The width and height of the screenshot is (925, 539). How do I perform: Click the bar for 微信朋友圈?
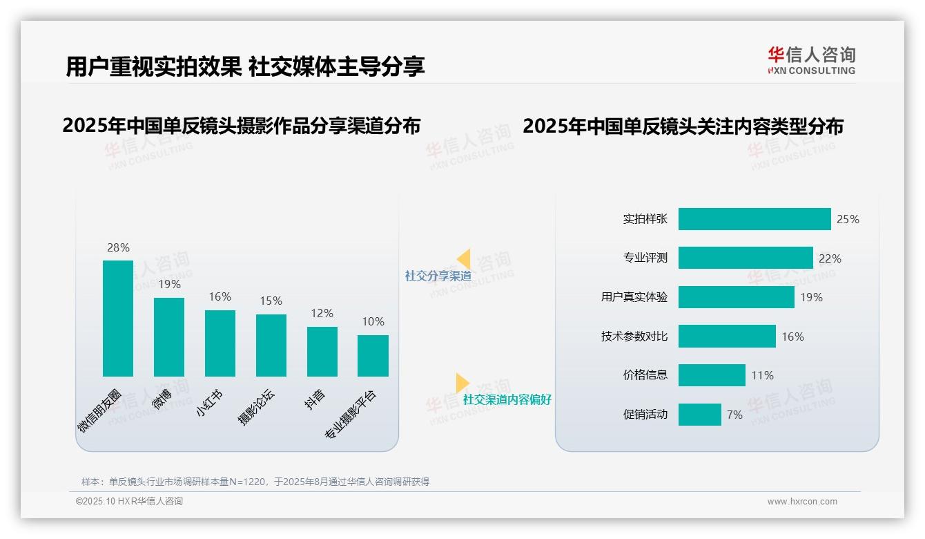(118, 319)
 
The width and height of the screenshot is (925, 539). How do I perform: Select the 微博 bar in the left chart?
(169, 337)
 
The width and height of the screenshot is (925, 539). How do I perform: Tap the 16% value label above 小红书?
(220, 296)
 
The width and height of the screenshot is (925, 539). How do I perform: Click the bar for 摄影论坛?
(271, 346)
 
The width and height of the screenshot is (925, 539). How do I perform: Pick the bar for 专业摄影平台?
(373, 356)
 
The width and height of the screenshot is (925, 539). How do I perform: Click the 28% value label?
(118, 247)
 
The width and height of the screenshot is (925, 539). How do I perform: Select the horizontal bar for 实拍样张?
(754, 219)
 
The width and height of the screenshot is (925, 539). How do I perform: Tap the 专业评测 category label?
(645, 258)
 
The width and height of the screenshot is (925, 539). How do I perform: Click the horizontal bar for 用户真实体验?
(736, 297)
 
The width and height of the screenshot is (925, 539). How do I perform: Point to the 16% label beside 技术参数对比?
(792, 337)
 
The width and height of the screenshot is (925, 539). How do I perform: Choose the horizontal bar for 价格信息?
(712, 375)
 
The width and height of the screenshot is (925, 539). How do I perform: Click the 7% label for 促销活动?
(734, 415)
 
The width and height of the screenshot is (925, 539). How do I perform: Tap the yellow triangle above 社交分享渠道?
(464, 259)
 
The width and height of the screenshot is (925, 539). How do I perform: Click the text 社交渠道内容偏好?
(507, 399)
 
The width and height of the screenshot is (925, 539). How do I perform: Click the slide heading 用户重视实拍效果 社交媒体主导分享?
(245, 66)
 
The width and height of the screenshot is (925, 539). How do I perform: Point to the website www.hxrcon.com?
(801, 502)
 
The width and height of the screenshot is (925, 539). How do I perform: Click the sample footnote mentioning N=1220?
(255, 482)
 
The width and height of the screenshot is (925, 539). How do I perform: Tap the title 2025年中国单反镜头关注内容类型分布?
(683, 126)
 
